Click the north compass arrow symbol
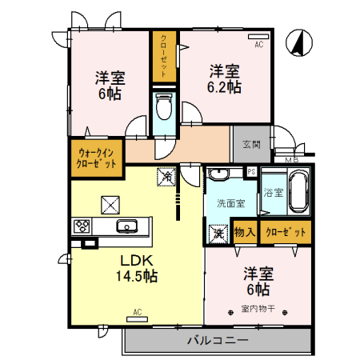[x=298, y=43]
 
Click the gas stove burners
[x=83, y=226]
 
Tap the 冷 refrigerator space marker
[x=166, y=174]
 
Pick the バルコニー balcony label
[x=218, y=341]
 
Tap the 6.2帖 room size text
[x=226, y=78]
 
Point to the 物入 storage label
[x=245, y=232]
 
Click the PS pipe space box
[x=251, y=171]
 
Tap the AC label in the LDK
[x=137, y=311]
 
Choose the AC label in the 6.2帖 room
[x=258, y=45]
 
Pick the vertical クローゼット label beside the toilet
[x=163, y=56]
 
